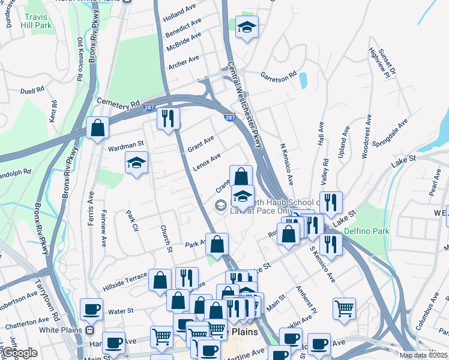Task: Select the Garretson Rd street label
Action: (279, 76)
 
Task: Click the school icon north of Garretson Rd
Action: (246, 27)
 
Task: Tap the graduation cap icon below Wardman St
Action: (137, 163)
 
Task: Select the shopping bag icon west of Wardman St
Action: (97, 128)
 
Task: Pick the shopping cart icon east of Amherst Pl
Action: (345, 308)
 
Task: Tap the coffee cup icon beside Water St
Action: (91, 309)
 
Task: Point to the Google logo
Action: (20, 352)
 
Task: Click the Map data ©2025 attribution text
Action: (423, 355)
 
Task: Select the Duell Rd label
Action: (32, 90)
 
